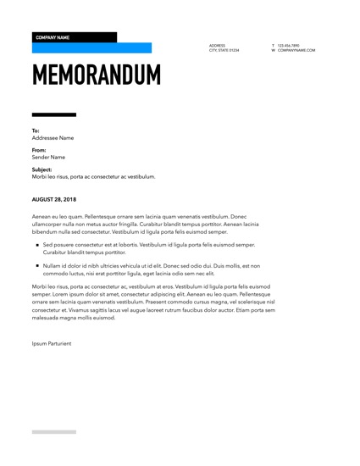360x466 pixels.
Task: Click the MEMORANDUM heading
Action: (96, 75)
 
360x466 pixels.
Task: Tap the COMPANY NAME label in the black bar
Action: (53, 37)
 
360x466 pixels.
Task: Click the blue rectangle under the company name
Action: (91, 48)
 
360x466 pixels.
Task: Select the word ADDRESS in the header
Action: (217, 45)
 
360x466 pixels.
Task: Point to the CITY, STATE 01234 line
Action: (224, 50)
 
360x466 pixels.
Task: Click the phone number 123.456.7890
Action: (288, 45)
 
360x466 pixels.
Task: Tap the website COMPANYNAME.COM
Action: (296, 50)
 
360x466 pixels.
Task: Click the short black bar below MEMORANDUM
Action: (53, 114)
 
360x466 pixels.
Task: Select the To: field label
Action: (36, 130)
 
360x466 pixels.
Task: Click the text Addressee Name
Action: (53, 137)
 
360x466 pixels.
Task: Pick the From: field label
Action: (38, 150)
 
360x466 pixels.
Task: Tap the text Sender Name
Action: (48, 157)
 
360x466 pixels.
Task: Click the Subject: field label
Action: (42, 169)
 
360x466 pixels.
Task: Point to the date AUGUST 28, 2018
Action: (59, 199)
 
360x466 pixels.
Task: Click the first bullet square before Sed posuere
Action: (37, 245)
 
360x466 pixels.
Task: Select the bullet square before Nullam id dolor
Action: (37, 265)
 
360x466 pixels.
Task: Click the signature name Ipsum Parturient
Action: (53, 344)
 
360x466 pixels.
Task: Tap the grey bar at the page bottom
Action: (53, 431)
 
